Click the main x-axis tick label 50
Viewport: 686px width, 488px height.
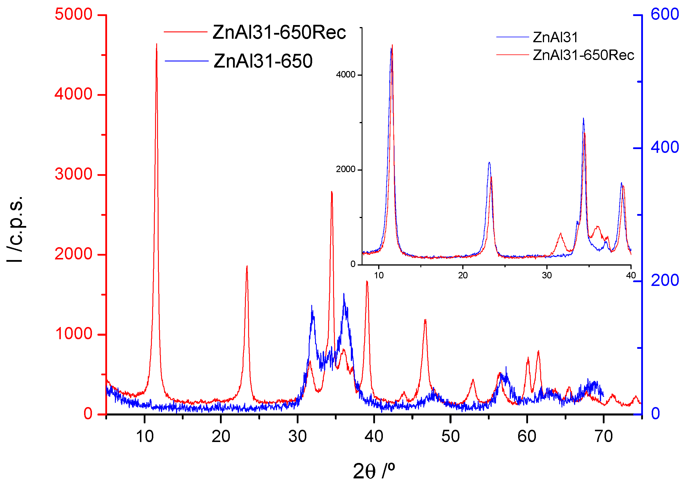(450, 436)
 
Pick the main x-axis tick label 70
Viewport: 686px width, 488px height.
(603, 436)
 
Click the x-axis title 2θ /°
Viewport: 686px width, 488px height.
(374, 471)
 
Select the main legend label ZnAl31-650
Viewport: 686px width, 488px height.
(263, 61)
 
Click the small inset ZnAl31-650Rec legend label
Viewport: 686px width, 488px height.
(583, 55)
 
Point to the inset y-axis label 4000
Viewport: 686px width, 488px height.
(346, 75)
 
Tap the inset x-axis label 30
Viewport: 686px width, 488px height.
(547, 275)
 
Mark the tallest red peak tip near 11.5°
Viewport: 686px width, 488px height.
(157, 44)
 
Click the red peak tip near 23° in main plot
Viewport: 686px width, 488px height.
(247, 266)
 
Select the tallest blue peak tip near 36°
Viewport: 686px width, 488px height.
(344, 294)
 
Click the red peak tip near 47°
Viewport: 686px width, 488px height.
(425, 320)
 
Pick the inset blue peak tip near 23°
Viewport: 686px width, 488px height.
(489, 162)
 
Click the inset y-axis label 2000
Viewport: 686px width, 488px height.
(346, 169)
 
